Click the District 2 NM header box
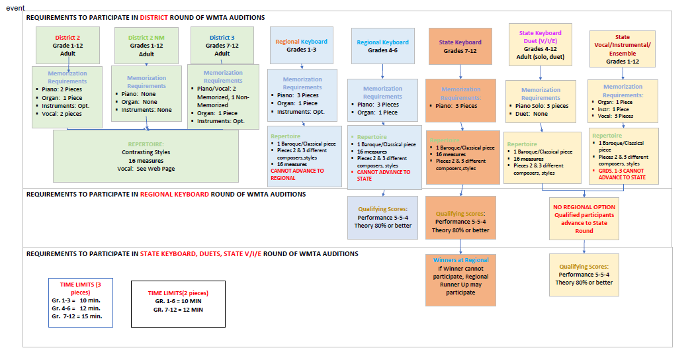(146, 46)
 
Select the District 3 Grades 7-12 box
(222, 45)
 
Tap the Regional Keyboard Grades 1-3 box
(301, 45)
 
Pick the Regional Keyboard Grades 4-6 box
(382, 46)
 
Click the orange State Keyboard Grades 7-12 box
(460, 46)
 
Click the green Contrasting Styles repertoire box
(146, 156)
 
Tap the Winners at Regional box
(460, 279)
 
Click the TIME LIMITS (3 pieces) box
(80, 302)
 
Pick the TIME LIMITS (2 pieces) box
(178, 304)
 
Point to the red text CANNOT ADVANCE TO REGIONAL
(297, 174)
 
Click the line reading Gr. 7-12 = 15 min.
(77, 316)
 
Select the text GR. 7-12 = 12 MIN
(178, 309)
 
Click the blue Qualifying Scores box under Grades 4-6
(384, 217)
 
